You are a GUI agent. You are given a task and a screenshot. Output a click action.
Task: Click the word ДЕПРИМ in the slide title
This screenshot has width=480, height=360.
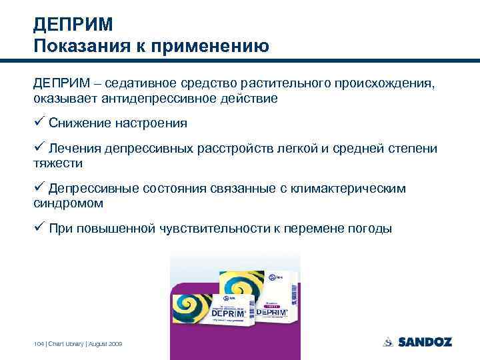[x=73, y=25]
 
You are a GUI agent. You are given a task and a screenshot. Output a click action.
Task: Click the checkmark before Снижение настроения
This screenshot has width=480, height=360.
[x=39, y=122]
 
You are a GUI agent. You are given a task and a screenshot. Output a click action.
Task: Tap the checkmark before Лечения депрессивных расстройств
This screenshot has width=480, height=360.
[x=39, y=147]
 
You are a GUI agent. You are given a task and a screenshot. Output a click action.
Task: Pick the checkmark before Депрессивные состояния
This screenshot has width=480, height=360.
[x=39, y=187]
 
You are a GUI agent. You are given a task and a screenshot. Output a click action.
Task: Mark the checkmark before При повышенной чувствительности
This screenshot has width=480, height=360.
[x=39, y=227]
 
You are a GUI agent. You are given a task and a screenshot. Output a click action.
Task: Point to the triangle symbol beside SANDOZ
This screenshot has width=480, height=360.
[x=388, y=343]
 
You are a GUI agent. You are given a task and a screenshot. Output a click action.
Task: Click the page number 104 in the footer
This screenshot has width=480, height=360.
[x=39, y=343]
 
